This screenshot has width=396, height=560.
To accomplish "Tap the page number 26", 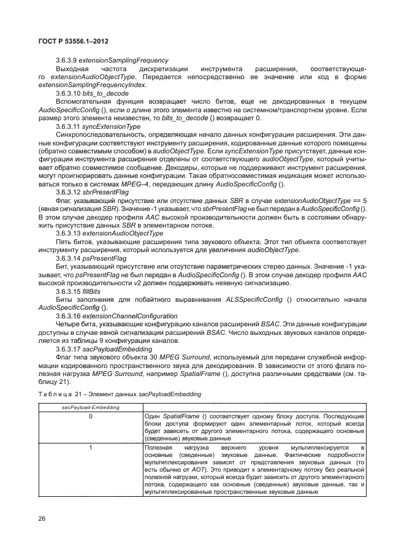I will click(x=42, y=519).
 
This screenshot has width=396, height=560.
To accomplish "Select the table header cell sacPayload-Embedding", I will click(x=91, y=407).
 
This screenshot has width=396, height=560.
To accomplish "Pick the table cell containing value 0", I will click(x=90, y=416).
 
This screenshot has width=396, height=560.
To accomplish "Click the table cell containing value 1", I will click(x=90, y=448).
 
